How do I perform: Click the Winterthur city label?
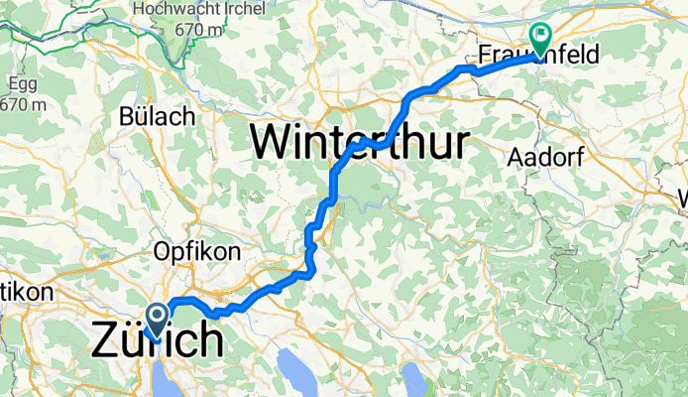click(x=359, y=143)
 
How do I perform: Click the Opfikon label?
click(x=196, y=252)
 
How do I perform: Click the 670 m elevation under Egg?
click(x=22, y=103)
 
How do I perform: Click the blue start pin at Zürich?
click(x=157, y=317)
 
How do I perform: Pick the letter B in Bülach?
click(x=127, y=116)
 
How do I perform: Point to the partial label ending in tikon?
click(x=18, y=294)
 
